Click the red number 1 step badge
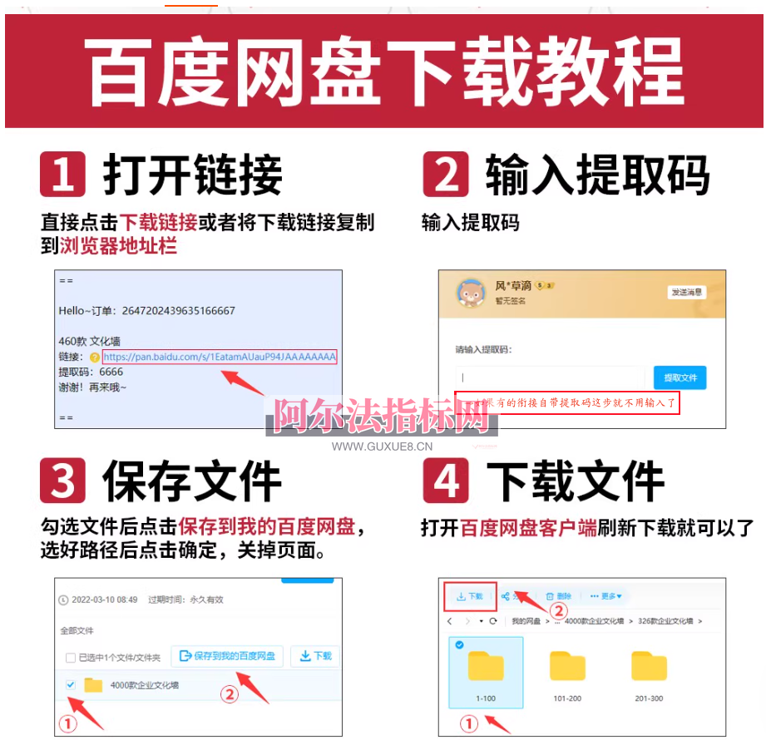tap(63, 174)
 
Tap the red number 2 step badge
tap(446, 174)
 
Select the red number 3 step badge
tap(63, 480)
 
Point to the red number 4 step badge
tap(446, 480)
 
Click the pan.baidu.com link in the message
tap(220, 357)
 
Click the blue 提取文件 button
tap(680, 377)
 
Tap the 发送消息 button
tap(686, 292)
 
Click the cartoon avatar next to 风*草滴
tap(472, 293)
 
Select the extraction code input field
tap(550, 377)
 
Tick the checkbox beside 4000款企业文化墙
tap(71, 684)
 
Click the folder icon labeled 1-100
tap(486, 667)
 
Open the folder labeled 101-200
tap(567, 667)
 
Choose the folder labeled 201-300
tap(649, 667)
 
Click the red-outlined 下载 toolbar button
tap(470, 596)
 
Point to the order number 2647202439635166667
tap(178, 310)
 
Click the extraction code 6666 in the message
tap(111, 372)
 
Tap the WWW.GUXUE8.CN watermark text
tap(383, 446)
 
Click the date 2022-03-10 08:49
tap(105, 599)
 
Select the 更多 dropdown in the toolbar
tap(605, 596)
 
